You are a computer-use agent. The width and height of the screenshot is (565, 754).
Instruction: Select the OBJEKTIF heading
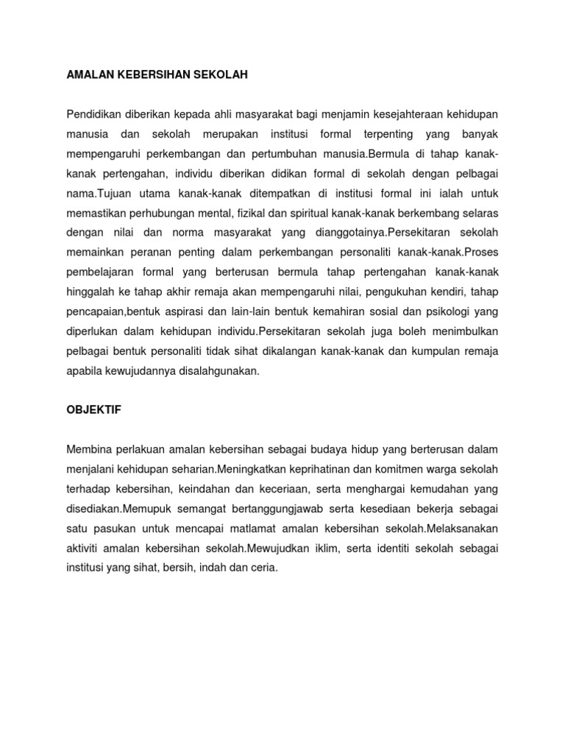(93, 410)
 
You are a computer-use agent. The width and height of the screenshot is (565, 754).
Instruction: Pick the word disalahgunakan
(218, 371)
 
